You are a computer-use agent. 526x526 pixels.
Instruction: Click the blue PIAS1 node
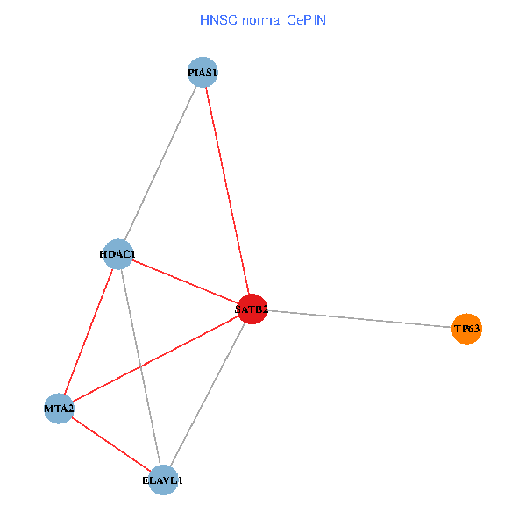pyautogui.click(x=203, y=72)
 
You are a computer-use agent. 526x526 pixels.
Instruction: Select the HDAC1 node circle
pyautogui.click(x=117, y=254)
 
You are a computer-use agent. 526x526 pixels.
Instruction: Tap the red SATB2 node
pyautogui.click(x=252, y=309)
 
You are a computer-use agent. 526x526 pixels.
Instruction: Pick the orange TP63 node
pyautogui.click(x=466, y=330)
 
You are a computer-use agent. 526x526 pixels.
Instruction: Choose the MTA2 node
pyautogui.click(x=59, y=409)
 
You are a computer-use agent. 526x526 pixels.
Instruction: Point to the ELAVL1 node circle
pyautogui.click(x=163, y=480)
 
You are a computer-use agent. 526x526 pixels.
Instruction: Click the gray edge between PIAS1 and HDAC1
pyautogui.click(x=160, y=163)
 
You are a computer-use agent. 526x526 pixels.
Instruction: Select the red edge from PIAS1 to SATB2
pyautogui.click(x=227, y=190)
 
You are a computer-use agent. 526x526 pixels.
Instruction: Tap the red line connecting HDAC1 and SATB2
pyautogui.click(x=184, y=281)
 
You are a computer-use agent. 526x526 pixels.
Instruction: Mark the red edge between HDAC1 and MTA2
pyautogui.click(x=89, y=331)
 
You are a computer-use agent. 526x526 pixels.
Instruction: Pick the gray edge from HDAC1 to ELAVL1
pyautogui.click(x=140, y=367)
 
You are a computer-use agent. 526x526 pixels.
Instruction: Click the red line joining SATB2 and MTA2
pyautogui.click(x=155, y=359)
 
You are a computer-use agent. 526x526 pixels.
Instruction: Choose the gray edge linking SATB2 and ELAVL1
pyautogui.click(x=208, y=394)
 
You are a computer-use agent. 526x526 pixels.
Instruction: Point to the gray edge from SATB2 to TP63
pyautogui.click(x=359, y=319)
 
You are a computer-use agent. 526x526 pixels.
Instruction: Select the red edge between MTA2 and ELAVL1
pyautogui.click(x=111, y=444)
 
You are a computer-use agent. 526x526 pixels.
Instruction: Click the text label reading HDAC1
pyautogui.click(x=117, y=254)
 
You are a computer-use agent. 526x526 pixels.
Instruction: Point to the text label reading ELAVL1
pyautogui.click(x=163, y=480)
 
